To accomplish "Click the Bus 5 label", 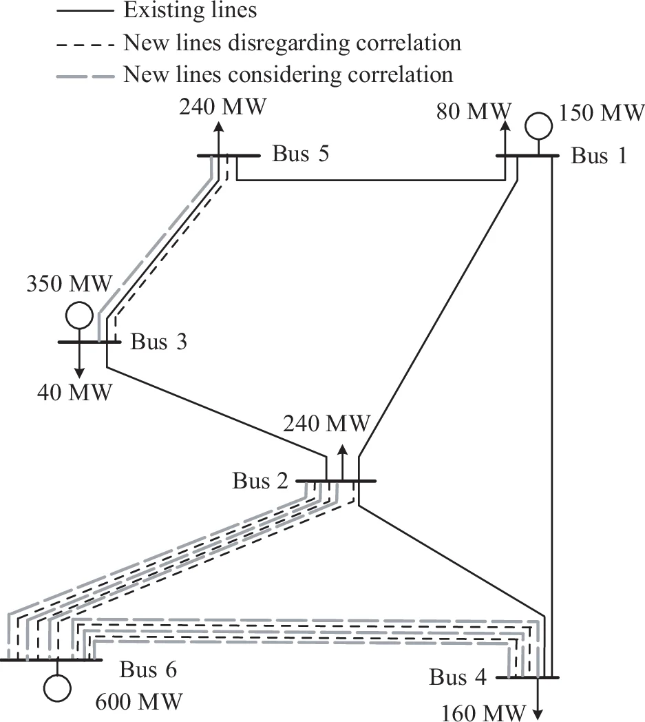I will pyautogui.click(x=300, y=154).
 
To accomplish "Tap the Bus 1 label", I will pyautogui.click(x=599, y=156).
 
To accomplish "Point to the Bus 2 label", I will pyautogui.click(x=260, y=480).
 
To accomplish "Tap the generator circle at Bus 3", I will pyautogui.click(x=79, y=316).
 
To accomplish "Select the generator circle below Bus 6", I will pyautogui.click(x=58, y=686).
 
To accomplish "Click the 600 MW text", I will pyautogui.click(x=139, y=702).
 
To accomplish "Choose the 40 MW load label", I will pyautogui.click(x=74, y=393).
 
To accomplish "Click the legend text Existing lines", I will pyautogui.click(x=180, y=10).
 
